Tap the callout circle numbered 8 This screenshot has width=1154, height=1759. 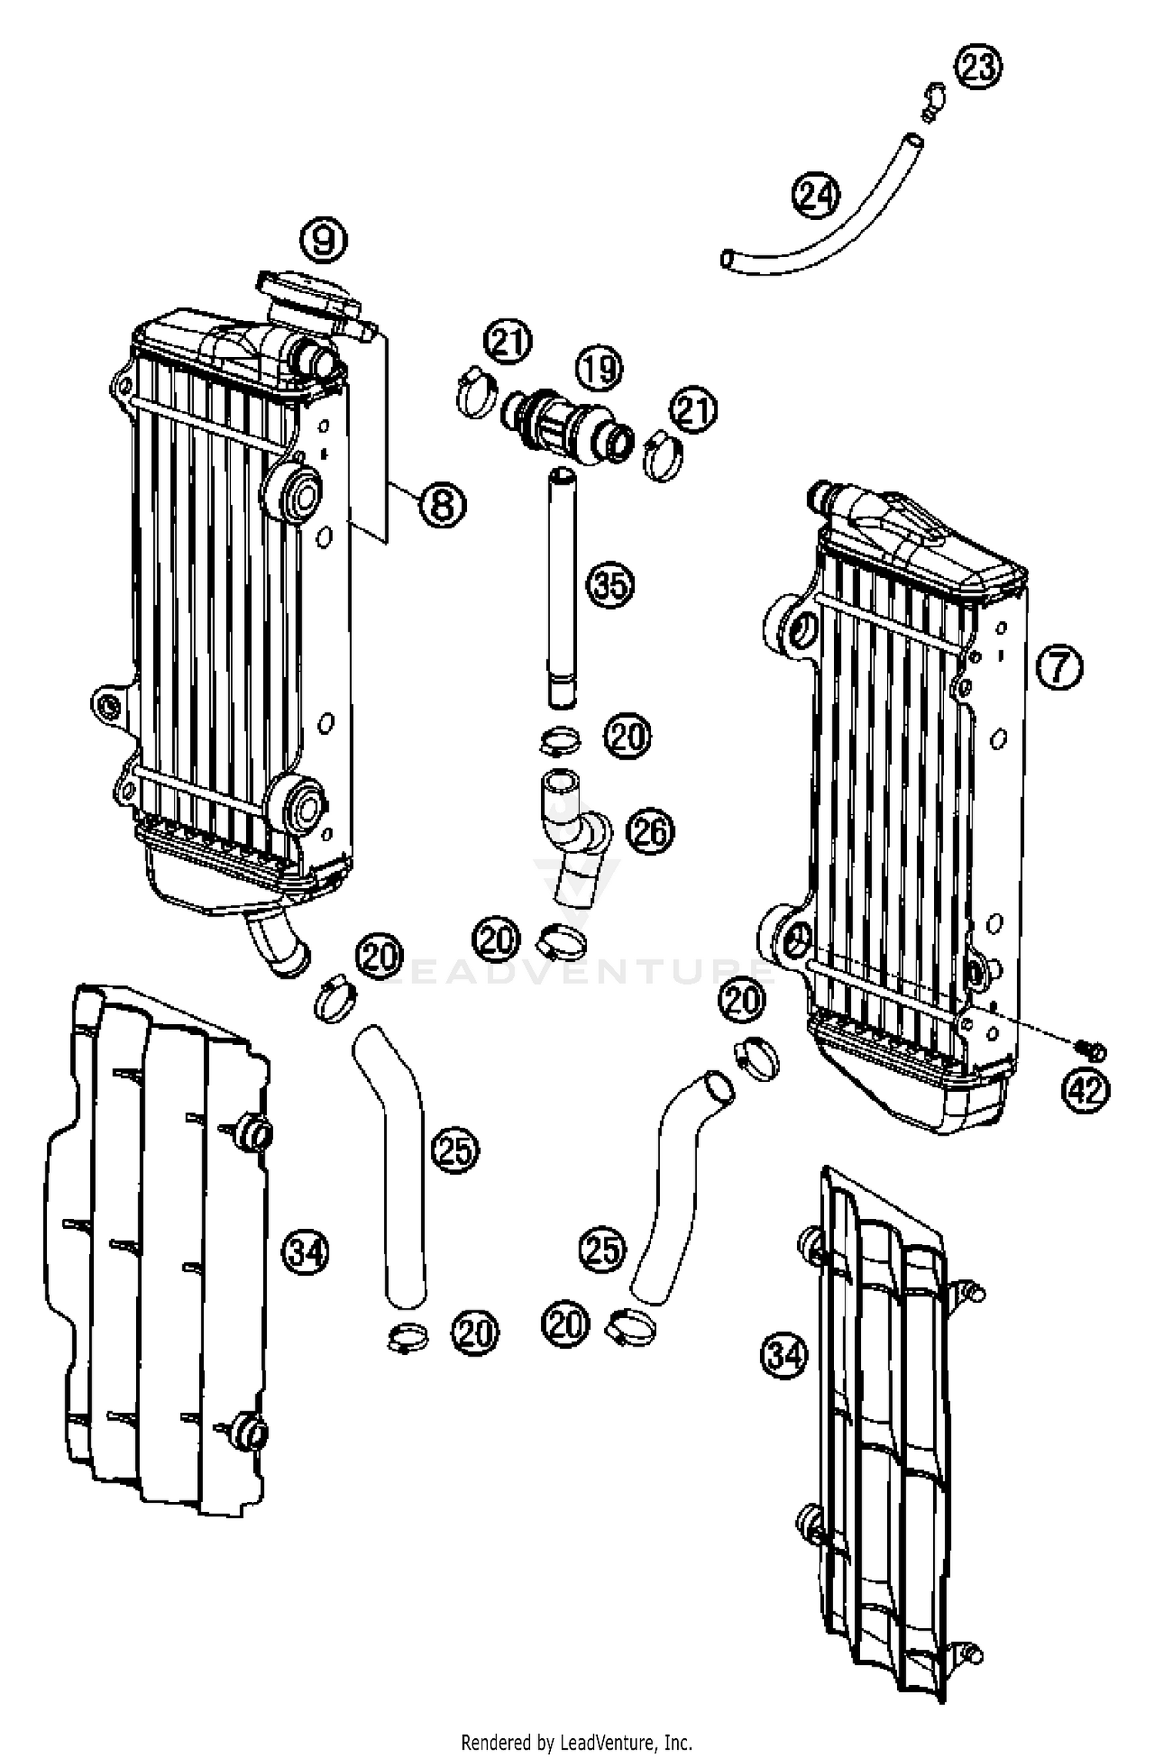coord(442,506)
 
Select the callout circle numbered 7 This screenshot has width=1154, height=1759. coord(1059,666)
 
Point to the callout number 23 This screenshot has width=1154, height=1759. coord(979,68)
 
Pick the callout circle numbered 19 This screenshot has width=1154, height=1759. coord(600,369)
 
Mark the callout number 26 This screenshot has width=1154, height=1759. coord(650,832)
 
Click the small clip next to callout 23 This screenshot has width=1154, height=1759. coord(932,102)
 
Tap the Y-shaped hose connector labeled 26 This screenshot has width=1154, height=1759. coord(573,839)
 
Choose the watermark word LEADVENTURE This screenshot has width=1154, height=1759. coord(577,971)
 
